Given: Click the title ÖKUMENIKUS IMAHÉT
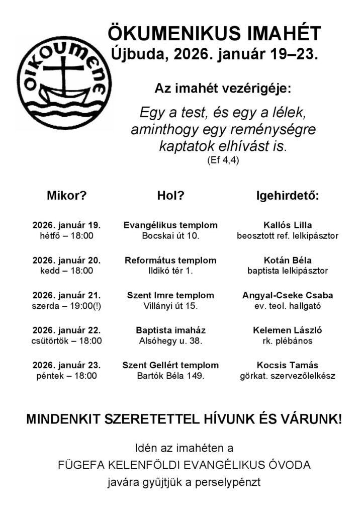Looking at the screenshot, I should click(x=214, y=35).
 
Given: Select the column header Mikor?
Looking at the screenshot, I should click(x=66, y=196).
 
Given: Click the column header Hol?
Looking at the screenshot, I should click(x=170, y=196).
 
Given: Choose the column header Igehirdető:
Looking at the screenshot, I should click(x=288, y=196).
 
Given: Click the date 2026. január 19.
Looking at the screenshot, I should click(x=66, y=225).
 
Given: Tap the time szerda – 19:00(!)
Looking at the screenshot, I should click(x=66, y=305).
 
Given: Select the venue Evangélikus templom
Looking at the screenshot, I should click(x=170, y=225).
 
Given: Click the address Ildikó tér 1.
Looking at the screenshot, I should click(x=170, y=271).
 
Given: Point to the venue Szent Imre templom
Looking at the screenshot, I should click(x=170, y=295).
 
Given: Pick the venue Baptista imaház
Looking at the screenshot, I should click(x=170, y=330).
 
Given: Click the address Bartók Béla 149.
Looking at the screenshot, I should click(x=170, y=375).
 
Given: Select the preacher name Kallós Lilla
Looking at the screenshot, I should click(x=288, y=225).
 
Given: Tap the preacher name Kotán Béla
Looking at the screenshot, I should click(x=288, y=261).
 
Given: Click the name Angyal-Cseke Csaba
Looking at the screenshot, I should click(x=288, y=295).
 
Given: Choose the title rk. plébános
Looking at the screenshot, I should click(x=288, y=340).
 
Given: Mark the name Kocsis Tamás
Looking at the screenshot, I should click(x=288, y=365).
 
